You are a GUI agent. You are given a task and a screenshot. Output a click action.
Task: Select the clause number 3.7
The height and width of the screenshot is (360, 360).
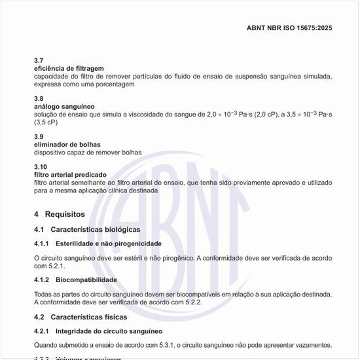(39, 60)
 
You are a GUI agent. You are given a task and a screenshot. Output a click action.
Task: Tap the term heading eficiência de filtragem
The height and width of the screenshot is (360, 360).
(69, 68)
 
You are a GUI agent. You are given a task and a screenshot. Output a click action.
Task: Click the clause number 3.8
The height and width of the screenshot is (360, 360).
(39, 98)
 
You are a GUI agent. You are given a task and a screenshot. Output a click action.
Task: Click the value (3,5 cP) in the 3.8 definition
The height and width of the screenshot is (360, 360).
(46, 122)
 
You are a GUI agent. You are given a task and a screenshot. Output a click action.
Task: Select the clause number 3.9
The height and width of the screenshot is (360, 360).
(39, 136)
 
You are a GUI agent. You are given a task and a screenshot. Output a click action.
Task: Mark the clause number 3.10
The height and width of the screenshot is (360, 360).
(41, 167)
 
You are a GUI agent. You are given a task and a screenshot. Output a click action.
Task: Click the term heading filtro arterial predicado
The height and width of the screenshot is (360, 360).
(70, 175)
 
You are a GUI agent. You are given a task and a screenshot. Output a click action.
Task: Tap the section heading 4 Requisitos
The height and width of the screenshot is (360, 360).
(60, 214)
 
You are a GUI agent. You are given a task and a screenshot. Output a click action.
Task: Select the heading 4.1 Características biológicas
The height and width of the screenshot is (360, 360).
(87, 230)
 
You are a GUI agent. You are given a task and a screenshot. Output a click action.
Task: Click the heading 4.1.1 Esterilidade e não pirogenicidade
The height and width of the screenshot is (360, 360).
(98, 243)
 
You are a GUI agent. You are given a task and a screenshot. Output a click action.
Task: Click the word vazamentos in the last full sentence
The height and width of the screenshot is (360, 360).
(310, 345)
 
